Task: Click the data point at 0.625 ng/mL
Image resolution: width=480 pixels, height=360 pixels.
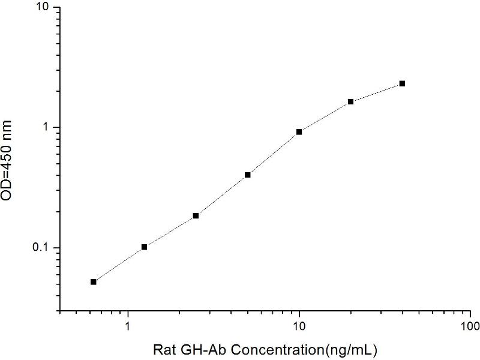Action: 94,281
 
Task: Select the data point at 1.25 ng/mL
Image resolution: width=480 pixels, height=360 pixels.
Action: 145,247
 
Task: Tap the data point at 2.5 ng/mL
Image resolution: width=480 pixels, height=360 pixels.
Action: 196,215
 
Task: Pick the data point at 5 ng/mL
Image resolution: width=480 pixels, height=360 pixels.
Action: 247,175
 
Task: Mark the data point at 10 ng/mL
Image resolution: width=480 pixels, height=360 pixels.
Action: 299,131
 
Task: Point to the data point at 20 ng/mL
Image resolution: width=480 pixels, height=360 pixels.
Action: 350,101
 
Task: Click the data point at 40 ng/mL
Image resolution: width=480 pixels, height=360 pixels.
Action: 402,83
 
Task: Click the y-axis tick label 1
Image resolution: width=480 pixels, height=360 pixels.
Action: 49,127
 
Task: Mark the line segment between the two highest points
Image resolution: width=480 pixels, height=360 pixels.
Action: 376,92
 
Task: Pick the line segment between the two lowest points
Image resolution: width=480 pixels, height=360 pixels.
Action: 119,264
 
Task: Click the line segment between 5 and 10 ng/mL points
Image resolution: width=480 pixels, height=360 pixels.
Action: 273,153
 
